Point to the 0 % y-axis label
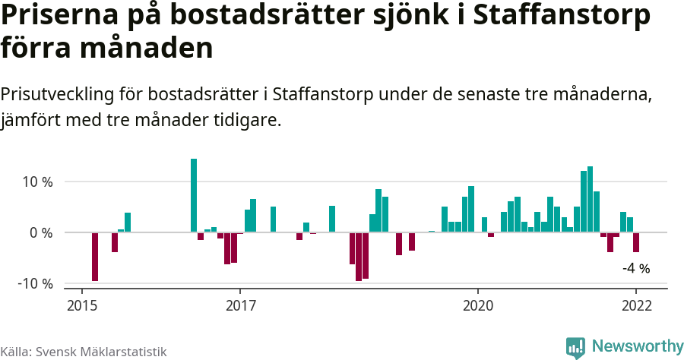click(40, 232)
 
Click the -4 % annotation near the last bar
click(636, 268)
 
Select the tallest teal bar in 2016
click(194, 195)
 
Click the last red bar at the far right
click(636, 242)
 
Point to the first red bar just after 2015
click(95, 257)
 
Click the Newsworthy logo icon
click(575, 347)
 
